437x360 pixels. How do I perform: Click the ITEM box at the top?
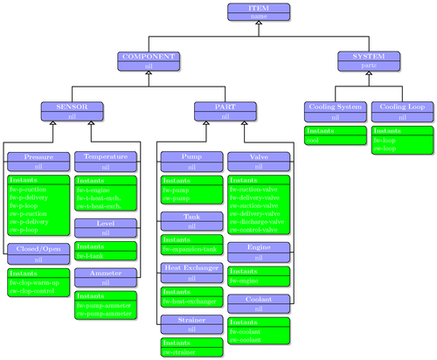259,11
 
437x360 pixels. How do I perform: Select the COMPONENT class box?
148,60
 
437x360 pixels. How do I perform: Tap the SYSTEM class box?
370,60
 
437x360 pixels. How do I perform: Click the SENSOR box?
73,110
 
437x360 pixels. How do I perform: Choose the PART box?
225,110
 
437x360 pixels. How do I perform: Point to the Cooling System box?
334,110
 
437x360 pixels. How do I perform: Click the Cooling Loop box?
401,110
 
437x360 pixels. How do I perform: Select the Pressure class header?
38,160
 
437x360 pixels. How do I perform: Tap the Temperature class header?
106,160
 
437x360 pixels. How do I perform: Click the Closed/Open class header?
38,253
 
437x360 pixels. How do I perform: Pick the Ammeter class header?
106,277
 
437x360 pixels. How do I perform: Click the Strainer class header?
191,324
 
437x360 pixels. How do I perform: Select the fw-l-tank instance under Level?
93,256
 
